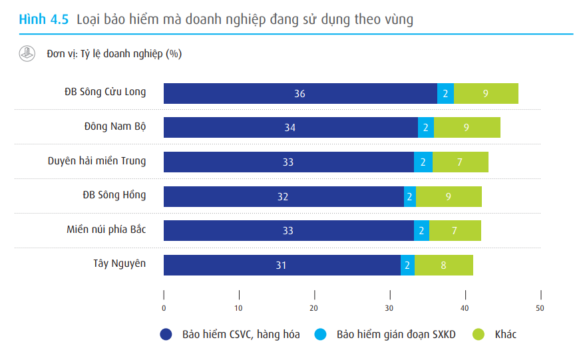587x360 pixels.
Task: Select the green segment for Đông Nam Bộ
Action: coord(467,127)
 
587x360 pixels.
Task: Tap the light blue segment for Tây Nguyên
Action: coord(407,265)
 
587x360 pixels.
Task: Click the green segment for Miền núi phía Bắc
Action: coord(455,230)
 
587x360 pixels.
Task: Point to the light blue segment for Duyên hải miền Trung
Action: coord(423,162)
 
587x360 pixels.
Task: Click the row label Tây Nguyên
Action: coord(119,264)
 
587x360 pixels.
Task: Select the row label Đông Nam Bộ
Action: coord(115,126)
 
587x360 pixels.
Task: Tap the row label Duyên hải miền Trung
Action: coord(97,160)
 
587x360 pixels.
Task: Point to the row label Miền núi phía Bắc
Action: coord(106,229)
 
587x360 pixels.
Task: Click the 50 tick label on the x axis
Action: coord(540,308)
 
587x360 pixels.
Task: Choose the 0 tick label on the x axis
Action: coord(164,308)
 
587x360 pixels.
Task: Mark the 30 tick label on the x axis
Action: coord(389,308)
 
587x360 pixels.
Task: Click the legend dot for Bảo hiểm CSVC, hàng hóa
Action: coord(166,334)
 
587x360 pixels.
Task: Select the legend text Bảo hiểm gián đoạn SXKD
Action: coord(396,334)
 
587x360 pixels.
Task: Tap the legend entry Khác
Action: coord(505,334)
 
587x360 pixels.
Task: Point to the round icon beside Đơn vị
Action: coord(27,54)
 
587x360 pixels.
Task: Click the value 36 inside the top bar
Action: coord(299,93)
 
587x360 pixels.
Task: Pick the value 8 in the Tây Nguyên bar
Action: coord(443,265)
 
